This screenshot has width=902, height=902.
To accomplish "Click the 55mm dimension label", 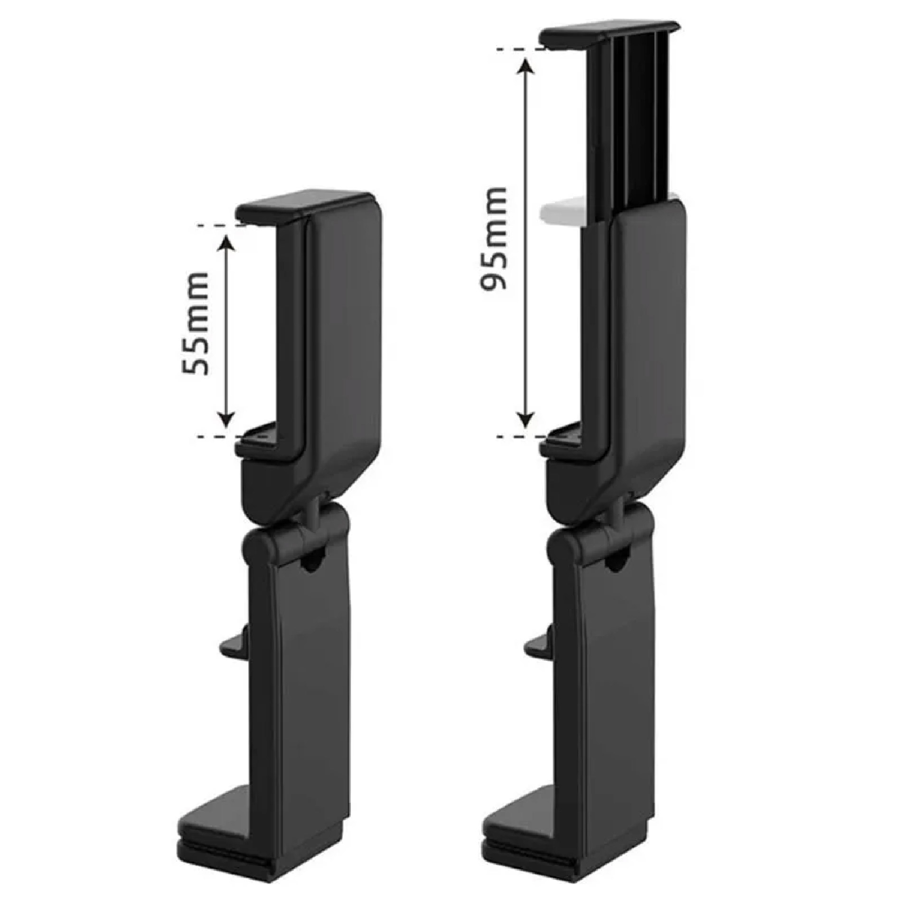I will click(196, 324).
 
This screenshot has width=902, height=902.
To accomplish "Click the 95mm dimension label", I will click(494, 239).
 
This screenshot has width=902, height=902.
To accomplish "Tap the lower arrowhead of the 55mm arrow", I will click(227, 419).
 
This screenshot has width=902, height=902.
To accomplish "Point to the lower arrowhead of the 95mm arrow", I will click(525, 419).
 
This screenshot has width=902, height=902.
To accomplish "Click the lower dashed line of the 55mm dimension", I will click(216, 436).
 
